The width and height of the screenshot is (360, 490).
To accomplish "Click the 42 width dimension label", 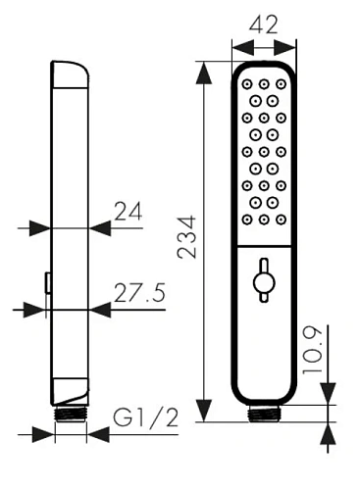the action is click(x=264, y=24).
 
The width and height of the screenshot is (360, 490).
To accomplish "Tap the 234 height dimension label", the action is click(x=186, y=237).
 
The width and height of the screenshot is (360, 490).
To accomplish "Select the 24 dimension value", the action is click(x=129, y=212).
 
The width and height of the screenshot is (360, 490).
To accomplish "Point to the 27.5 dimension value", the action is click(x=139, y=292).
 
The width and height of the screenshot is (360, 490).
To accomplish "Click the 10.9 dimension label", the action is click(x=312, y=351).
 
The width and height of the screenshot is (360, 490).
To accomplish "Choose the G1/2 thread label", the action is click(x=145, y=417).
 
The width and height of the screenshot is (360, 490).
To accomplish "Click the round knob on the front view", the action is click(x=264, y=281).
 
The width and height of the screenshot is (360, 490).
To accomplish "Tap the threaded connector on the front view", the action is click(x=264, y=414).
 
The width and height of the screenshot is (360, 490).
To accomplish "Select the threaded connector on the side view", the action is click(x=71, y=415).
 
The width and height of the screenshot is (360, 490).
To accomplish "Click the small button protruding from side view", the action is click(x=48, y=283).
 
